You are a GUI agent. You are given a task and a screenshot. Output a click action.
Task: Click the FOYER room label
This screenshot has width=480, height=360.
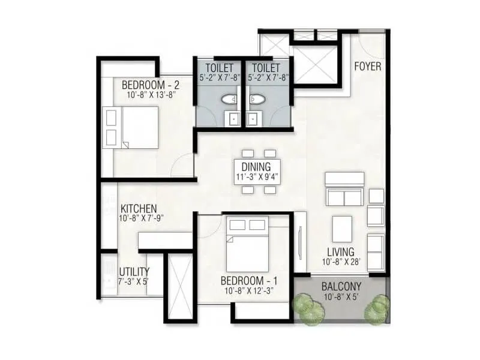[367, 67]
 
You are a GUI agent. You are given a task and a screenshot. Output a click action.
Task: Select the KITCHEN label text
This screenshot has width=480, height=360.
[139, 208]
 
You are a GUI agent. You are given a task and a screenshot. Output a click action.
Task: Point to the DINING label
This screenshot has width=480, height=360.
[256, 167]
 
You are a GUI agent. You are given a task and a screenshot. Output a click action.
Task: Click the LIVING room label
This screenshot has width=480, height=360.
[340, 251]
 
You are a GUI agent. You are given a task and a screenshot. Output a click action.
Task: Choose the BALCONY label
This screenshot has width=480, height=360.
[341, 286]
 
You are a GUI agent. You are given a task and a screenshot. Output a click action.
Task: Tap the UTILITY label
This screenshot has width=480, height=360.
[134, 272]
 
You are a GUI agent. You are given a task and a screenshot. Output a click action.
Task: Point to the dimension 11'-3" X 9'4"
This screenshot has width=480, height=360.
[257, 178]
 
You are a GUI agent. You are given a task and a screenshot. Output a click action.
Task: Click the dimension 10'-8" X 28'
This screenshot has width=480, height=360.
[340, 262]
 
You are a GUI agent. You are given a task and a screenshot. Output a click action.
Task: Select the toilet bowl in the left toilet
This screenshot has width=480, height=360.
[229, 100]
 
